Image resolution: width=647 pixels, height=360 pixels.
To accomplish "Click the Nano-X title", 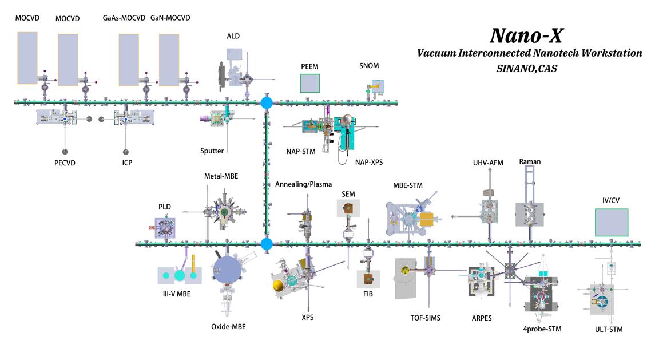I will click(x=526, y=35).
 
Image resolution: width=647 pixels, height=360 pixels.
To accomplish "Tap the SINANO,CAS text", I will click(x=526, y=68).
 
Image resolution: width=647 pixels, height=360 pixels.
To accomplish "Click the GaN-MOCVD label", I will click(x=170, y=18).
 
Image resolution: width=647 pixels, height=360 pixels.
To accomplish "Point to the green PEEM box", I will click(x=310, y=84).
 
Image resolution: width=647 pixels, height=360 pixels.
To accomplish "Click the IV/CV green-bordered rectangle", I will click(x=611, y=222).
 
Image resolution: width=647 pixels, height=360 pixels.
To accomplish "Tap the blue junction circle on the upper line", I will click(x=267, y=103).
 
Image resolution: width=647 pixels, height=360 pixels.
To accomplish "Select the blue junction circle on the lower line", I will click(x=267, y=244).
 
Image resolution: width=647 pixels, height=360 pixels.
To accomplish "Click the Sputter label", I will click(x=212, y=151).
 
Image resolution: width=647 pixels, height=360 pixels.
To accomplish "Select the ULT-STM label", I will click(x=609, y=329).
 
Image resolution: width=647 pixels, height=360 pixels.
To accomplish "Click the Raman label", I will click(x=530, y=162).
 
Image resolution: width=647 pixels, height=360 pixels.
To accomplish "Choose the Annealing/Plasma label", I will click(x=303, y=184).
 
